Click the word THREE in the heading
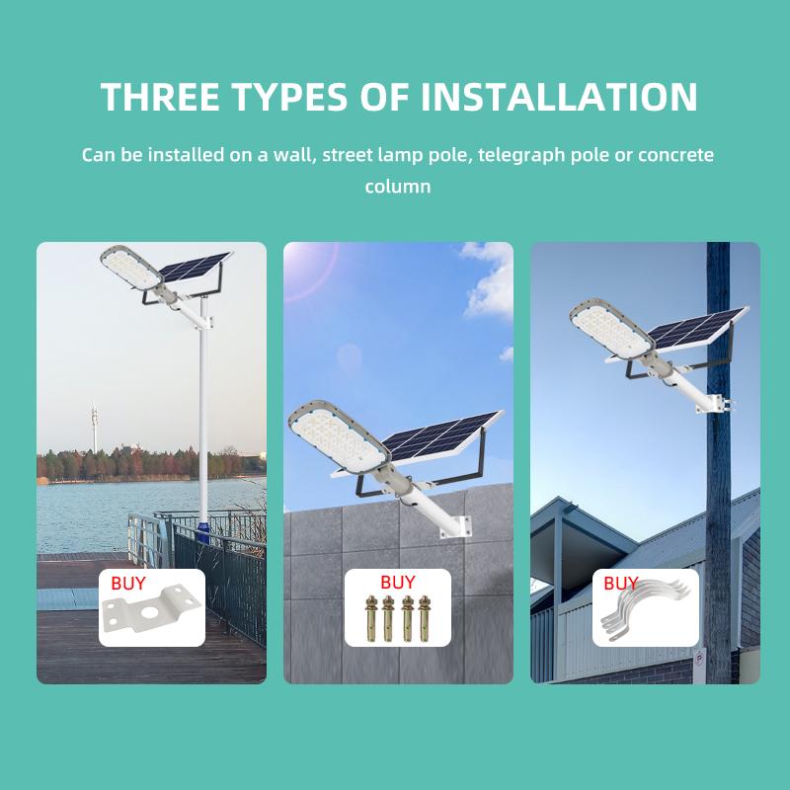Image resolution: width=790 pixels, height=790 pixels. [x=160, y=96]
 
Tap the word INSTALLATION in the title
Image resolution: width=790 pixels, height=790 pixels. [x=559, y=96]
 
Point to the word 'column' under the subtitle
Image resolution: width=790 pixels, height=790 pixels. [x=398, y=187]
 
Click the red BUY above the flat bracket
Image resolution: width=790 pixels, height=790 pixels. [x=128, y=583]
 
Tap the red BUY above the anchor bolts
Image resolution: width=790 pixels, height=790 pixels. [x=398, y=582]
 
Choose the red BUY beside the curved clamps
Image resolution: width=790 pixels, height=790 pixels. [x=621, y=583]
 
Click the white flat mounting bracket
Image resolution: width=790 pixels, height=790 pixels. [x=151, y=608]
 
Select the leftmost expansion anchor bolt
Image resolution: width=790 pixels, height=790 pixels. [x=371, y=618]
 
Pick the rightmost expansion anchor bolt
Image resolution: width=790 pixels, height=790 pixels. [x=425, y=618]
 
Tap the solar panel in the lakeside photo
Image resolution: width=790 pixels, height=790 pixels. [x=195, y=267]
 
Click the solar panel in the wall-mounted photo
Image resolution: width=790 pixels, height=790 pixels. [x=441, y=435]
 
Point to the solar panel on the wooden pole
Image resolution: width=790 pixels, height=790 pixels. [x=695, y=328]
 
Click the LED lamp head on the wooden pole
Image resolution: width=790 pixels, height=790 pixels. [x=611, y=329]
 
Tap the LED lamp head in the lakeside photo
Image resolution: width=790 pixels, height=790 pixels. [x=131, y=268]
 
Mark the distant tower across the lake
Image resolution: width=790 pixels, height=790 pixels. [x=94, y=429]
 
